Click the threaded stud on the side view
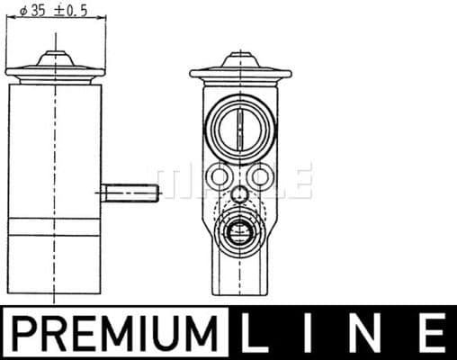coord(130,193)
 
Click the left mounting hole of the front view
coord(218,176)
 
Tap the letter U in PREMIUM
coord(170,332)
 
